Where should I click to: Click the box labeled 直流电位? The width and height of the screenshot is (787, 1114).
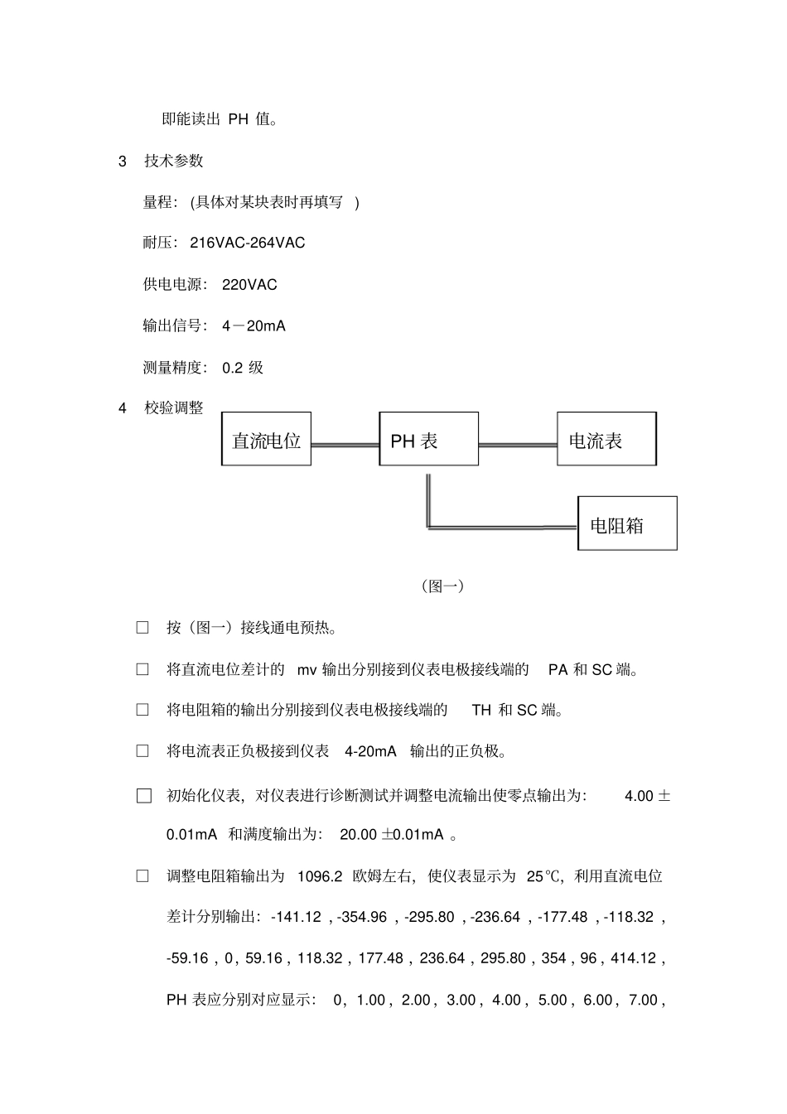click(x=266, y=439)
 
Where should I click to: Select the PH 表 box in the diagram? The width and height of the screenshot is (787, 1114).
click(x=428, y=439)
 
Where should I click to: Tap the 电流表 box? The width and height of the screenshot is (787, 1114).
click(x=606, y=439)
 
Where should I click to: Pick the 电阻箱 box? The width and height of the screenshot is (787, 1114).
click(x=627, y=523)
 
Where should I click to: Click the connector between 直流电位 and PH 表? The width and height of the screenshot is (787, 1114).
click(x=345, y=445)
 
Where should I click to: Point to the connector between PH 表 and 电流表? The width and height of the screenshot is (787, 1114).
click(x=518, y=445)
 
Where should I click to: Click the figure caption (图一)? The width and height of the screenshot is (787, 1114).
click(x=442, y=586)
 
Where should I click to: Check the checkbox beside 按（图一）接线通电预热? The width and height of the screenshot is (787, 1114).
click(x=142, y=628)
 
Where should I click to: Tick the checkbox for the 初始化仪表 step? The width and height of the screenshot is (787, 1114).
click(x=144, y=796)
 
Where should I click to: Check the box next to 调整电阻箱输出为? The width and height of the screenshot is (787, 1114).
click(x=142, y=876)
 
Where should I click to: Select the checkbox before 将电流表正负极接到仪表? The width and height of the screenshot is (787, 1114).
click(x=142, y=751)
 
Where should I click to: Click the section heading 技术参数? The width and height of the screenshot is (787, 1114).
click(x=173, y=161)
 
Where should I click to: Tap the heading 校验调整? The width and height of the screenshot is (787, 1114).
click(x=173, y=408)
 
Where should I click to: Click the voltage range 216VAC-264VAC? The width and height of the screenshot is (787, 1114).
click(x=248, y=243)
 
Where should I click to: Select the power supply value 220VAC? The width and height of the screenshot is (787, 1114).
click(x=249, y=285)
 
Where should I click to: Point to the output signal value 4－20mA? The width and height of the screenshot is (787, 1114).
click(x=253, y=326)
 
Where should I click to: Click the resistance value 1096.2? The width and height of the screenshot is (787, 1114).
click(x=319, y=876)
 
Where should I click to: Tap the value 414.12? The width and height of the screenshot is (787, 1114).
click(x=633, y=958)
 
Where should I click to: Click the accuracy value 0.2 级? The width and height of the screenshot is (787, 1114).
click(x=243, y=368)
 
